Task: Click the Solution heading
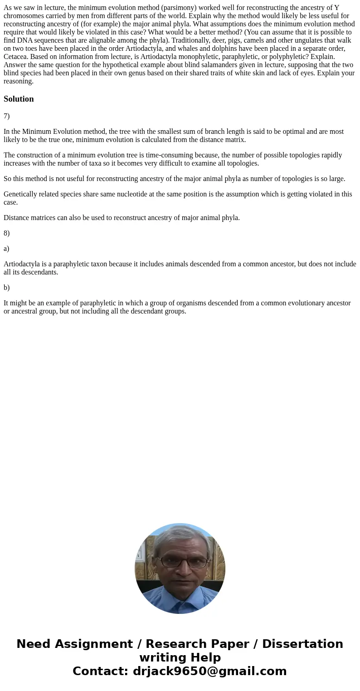pos(19,99)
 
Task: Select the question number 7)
pos(7,116)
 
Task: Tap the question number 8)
pos(7,233)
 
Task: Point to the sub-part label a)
pos(7,249)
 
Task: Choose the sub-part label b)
pos(7,288)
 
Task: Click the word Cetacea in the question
pos(16,57)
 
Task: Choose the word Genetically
pos(21,194)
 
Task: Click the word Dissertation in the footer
pos(302,644)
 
